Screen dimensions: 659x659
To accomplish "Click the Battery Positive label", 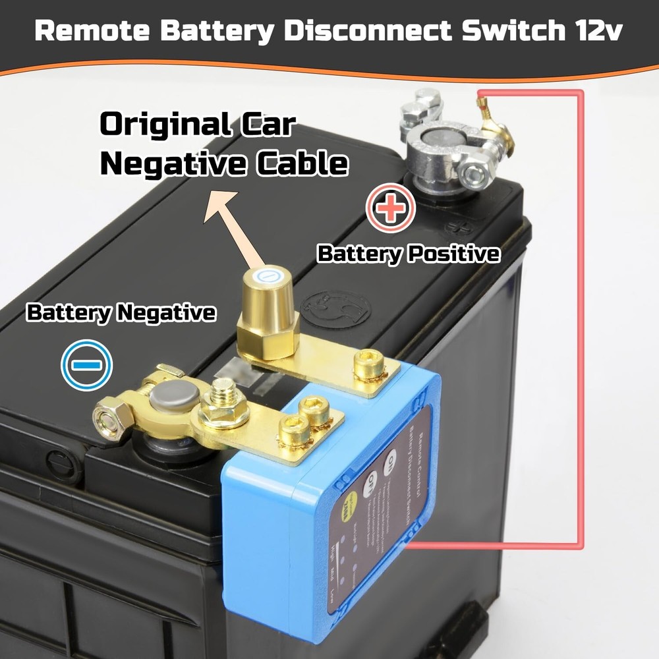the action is (408, 254).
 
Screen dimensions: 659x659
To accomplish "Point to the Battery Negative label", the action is (121, 313).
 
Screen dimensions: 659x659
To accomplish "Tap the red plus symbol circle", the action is (391, 208).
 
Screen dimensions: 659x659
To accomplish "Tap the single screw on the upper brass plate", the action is (368, 364).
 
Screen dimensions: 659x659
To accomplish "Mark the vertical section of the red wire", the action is (581, 316).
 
